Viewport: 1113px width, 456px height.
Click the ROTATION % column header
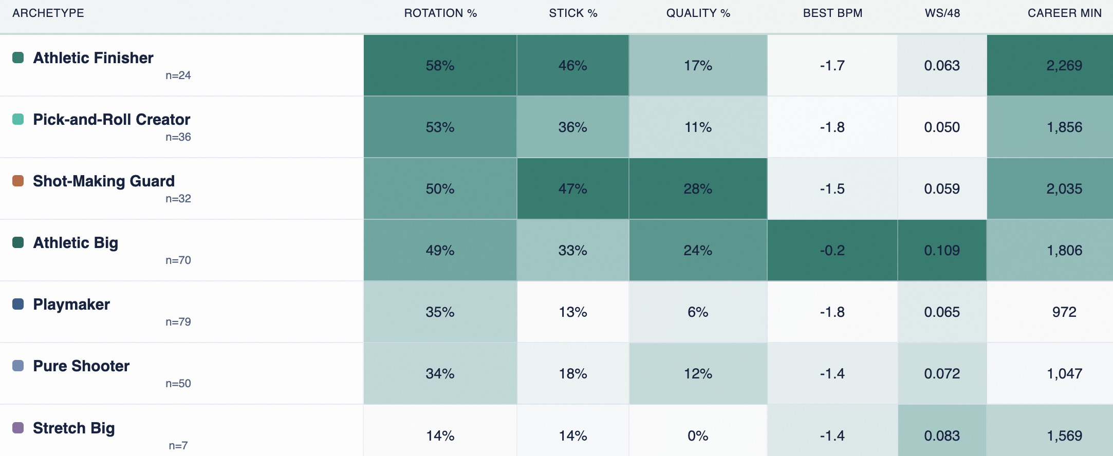440,13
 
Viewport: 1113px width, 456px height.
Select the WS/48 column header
942,13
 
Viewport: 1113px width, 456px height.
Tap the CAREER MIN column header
1065,13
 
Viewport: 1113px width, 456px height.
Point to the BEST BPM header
832,13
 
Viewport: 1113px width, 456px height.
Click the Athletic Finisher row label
93,58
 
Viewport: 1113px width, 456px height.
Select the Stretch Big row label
73,428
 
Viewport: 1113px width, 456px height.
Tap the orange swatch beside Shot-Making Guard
18,181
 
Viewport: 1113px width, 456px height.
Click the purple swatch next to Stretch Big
18,428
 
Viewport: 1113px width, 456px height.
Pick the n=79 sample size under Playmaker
178,322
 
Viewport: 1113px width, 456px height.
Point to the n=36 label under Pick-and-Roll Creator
178,137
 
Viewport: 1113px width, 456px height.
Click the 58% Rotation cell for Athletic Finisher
440,65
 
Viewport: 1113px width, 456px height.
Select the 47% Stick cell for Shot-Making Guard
573,188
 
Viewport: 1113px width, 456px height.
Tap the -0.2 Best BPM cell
832,250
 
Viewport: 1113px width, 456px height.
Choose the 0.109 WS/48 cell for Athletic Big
942,250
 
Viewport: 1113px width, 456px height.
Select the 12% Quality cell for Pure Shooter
698,373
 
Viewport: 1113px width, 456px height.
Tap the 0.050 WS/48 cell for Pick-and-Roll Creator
942,127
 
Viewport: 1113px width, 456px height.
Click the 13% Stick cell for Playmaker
573,312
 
